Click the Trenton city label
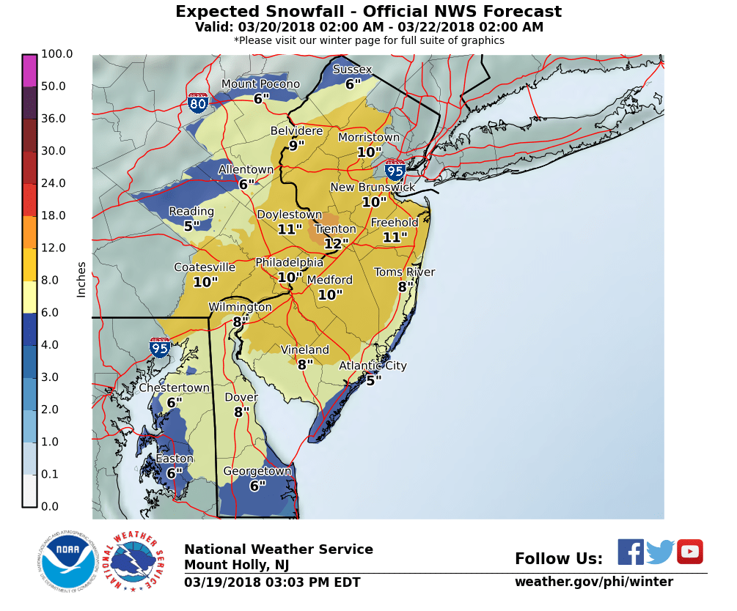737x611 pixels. [335, 229]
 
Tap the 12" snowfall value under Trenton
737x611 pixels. [336, 244]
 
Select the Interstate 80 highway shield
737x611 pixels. [197, 103]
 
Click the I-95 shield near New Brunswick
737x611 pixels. [395, 171]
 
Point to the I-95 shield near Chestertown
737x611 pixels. [160, 347]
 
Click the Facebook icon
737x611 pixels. [630, 552]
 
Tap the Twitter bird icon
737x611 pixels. [660, 552]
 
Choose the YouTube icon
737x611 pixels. [689, 552]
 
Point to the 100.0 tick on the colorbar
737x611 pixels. [57, 54]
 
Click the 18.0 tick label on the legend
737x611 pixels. [53, 215]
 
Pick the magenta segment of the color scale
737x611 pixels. [29, 71]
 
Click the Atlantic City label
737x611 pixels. [373, 366]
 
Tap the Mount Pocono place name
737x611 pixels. [260, 84]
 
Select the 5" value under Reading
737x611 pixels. [191, 226]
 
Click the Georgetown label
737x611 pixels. [257, 471]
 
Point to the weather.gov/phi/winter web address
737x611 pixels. [593, 582]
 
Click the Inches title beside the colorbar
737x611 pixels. [81, 279]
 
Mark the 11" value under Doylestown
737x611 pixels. [290, 229]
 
